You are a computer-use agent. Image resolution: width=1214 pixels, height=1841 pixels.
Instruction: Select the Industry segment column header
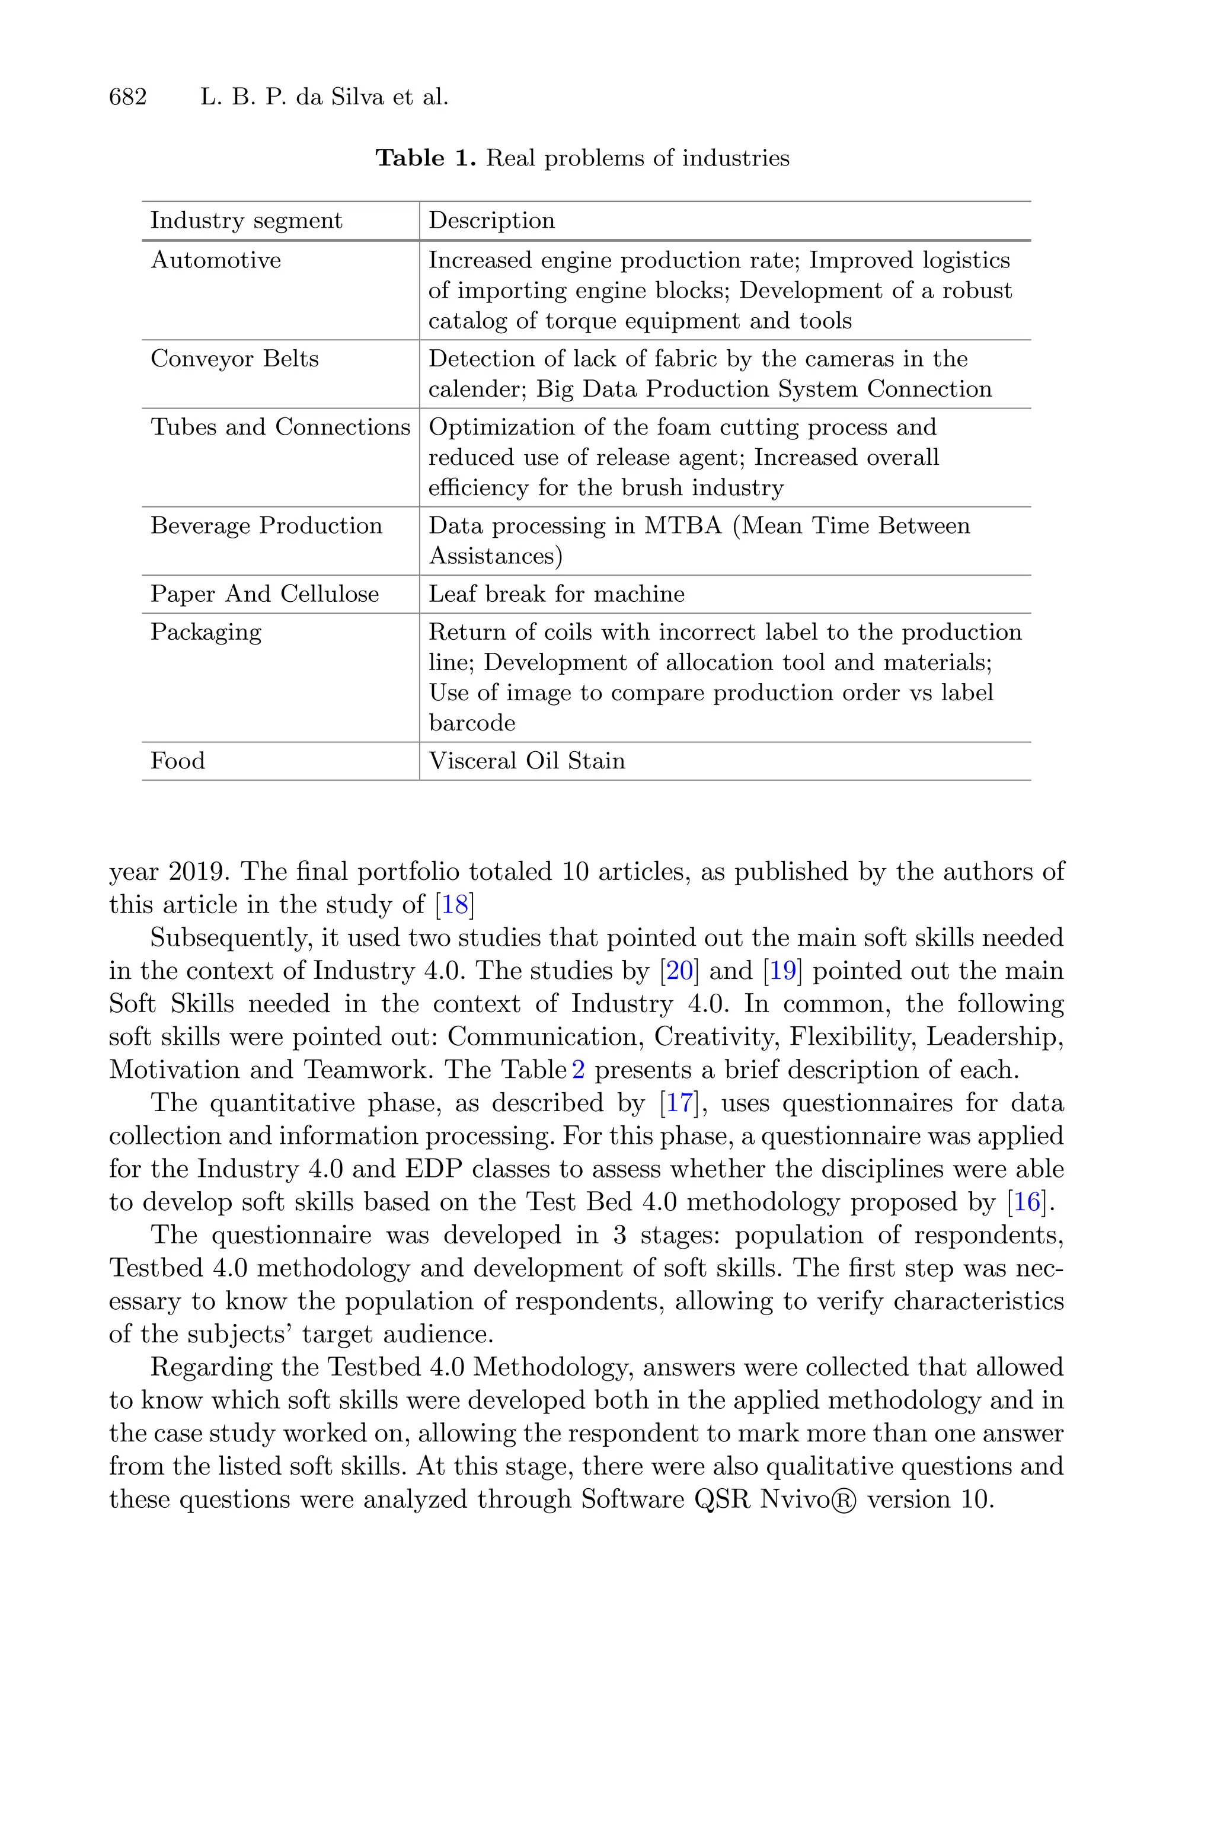pos(246,221)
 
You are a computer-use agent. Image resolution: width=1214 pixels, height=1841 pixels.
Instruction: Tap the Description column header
pos(491,221)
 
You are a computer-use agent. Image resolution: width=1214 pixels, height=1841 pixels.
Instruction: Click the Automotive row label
pos(215,260)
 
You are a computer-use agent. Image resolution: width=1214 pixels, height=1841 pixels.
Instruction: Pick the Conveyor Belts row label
pos(235,359)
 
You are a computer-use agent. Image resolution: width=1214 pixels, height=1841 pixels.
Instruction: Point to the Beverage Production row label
pos(266,526)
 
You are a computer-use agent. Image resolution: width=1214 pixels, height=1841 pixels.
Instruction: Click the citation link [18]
pos(455,904)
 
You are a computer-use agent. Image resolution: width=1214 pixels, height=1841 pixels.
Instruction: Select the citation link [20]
pos(679,971)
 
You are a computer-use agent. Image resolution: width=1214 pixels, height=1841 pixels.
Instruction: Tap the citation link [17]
pos(679,1103)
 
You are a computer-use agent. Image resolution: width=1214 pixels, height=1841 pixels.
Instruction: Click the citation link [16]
pos(1027,1202)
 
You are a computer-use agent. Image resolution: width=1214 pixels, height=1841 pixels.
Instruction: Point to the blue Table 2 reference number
pos(577,1070)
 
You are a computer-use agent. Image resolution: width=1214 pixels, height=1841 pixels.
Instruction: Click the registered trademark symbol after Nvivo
pos(848,1499)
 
